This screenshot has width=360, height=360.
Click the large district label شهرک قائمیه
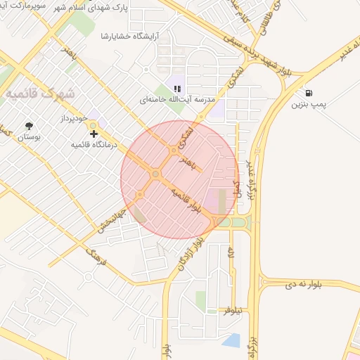coord(44,92)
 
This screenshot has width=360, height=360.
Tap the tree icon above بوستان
coord(29,127)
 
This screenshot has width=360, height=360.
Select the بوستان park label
coord(28,138)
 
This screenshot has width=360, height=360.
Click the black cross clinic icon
coord(94,133)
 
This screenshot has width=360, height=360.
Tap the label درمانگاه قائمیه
coord(94,145)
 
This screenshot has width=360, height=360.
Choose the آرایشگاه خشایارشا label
coord(130,35)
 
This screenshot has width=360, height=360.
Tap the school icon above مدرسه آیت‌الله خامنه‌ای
coord(178,89)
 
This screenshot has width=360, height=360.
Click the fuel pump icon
coord(309,93)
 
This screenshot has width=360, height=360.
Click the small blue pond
coord(231,341)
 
